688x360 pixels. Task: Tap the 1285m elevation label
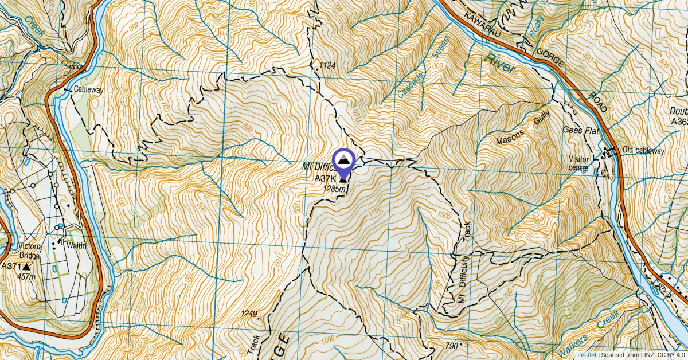point(334,188)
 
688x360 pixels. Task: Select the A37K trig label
point(324,179)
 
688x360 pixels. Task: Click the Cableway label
point(88,90)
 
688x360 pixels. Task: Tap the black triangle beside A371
point(26,267)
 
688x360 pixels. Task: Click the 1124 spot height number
point(327,66)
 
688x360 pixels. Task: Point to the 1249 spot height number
point(249,314)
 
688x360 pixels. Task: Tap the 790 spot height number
point(452,346)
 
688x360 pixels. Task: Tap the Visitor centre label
point(578,163)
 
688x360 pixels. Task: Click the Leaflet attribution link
point(587,355)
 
